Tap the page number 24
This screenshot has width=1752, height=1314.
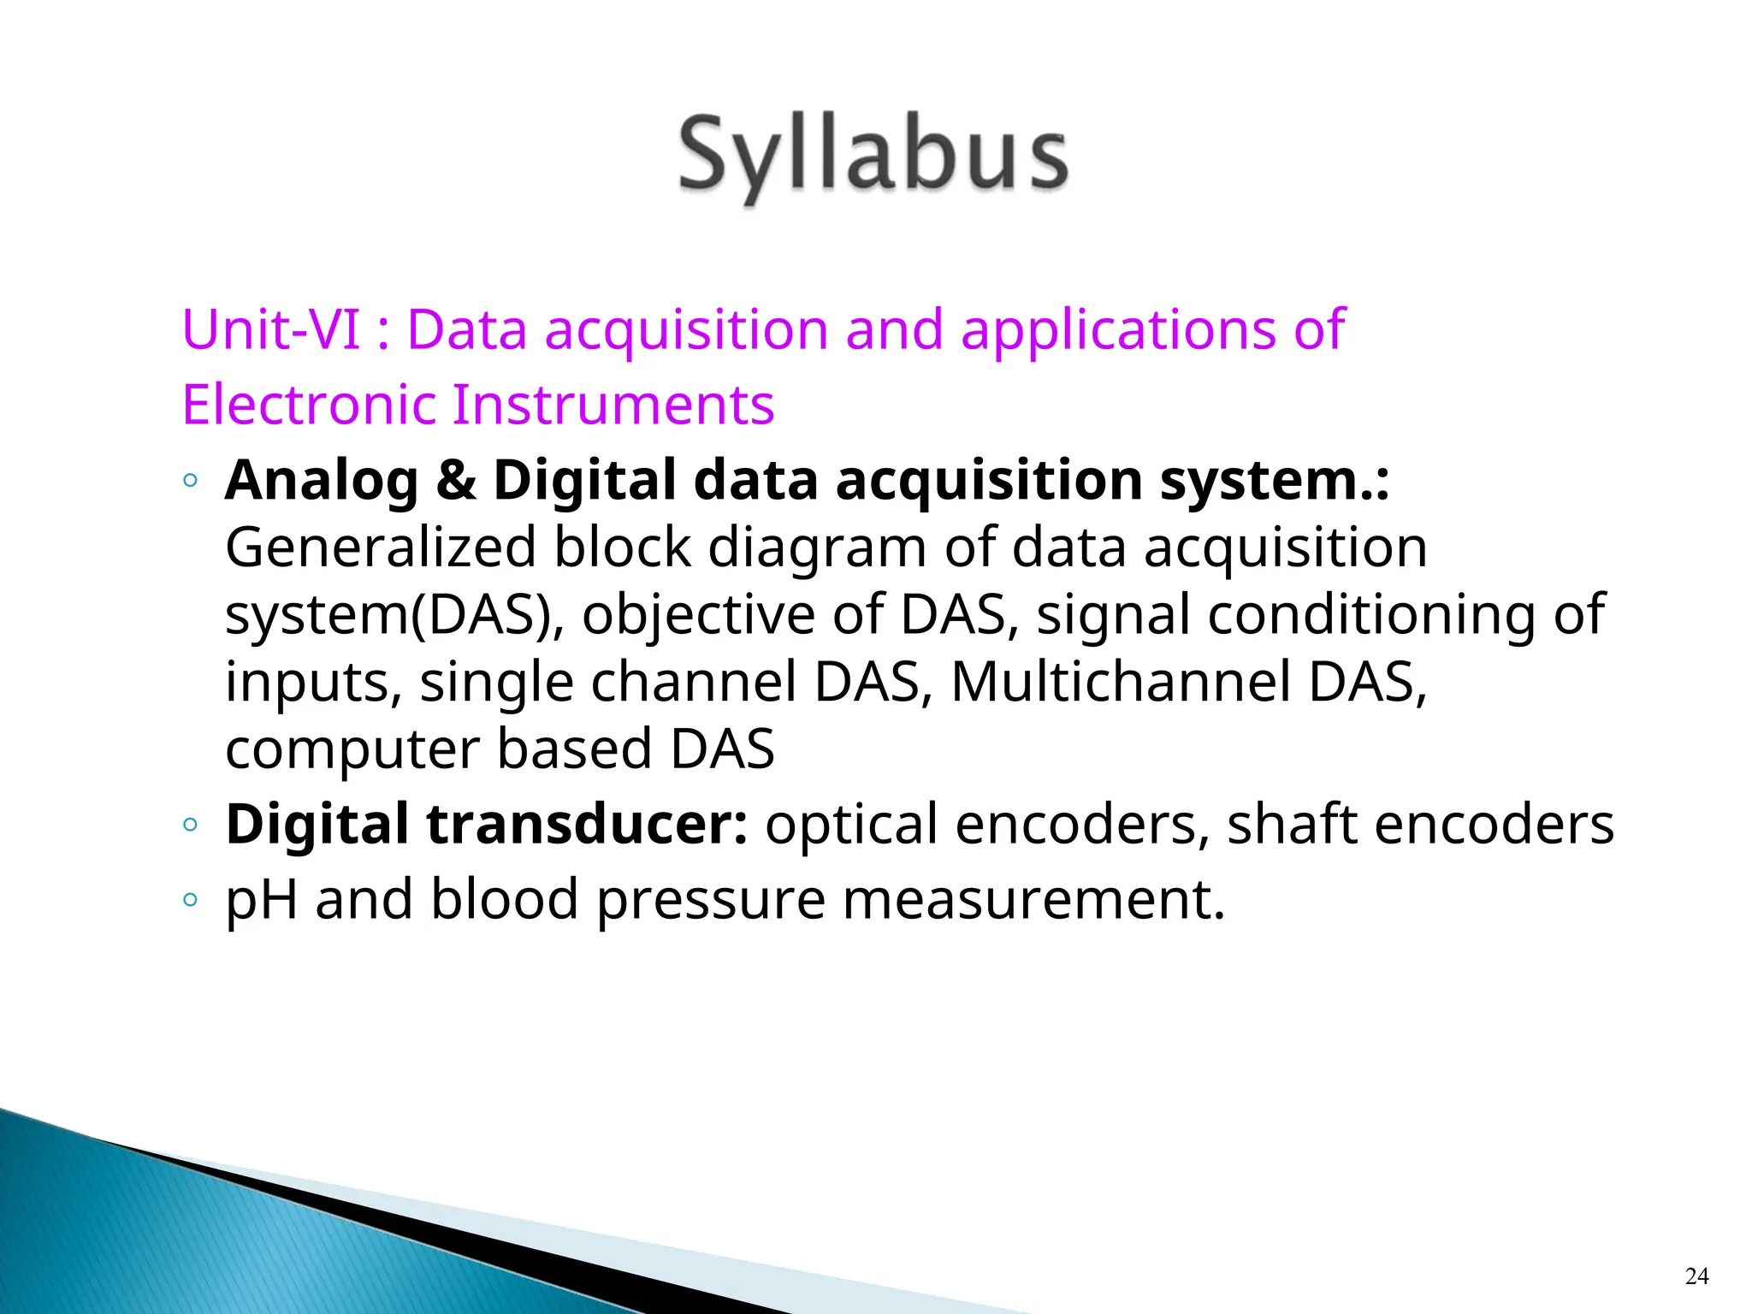1696,1276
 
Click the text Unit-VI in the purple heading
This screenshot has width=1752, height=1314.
271,329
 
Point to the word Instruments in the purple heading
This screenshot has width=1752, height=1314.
613,405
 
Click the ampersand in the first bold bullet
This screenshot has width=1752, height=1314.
455,480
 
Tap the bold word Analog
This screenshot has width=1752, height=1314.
321,482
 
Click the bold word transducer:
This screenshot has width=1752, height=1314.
587,825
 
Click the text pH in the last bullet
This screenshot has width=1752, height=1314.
260,902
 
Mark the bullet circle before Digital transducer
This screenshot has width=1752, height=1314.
190,826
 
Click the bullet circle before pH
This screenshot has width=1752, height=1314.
190,900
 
